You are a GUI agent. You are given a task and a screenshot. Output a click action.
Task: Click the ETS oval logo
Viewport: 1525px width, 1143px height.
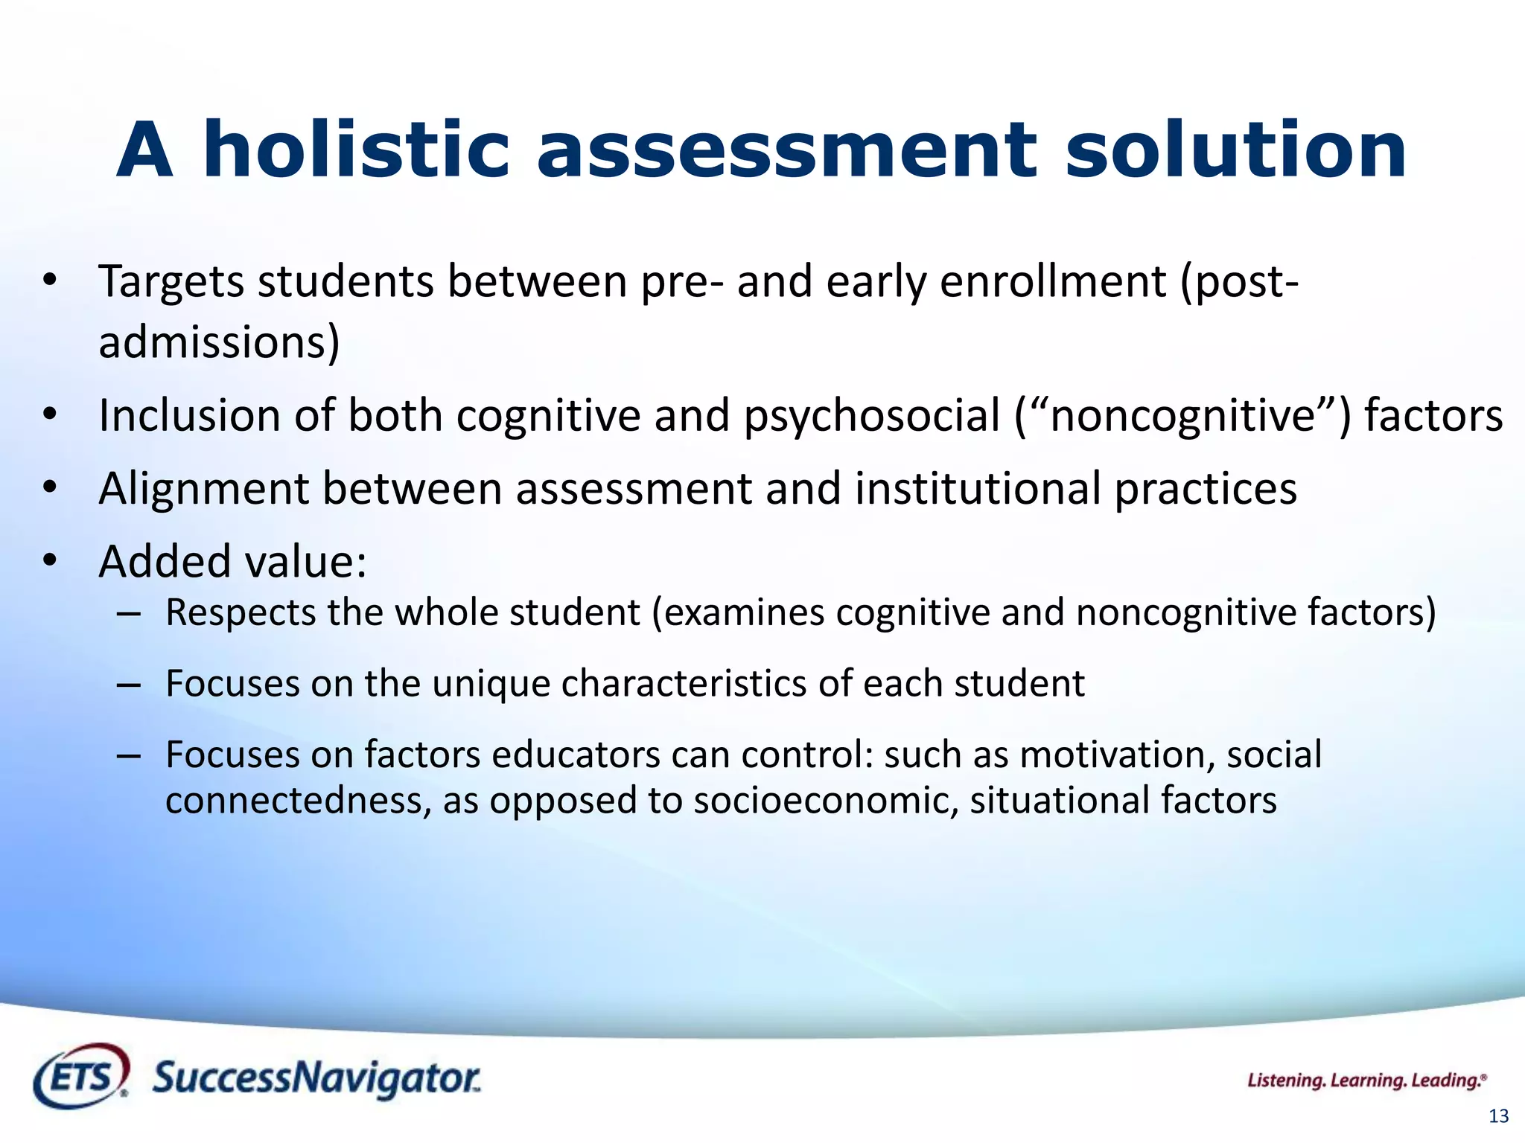coord(81,1075)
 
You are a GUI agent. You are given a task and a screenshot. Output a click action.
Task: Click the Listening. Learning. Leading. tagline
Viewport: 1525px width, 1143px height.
coord(1366,1080)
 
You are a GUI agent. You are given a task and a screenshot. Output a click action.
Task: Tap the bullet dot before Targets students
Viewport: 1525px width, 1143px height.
coord(50,281)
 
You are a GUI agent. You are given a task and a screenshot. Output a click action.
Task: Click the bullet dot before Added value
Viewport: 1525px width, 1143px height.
coord(50,561)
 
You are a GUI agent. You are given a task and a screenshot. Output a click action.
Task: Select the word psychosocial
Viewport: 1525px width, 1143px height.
coord(872,415)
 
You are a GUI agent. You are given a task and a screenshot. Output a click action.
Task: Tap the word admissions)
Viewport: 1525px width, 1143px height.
coord(219,342)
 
